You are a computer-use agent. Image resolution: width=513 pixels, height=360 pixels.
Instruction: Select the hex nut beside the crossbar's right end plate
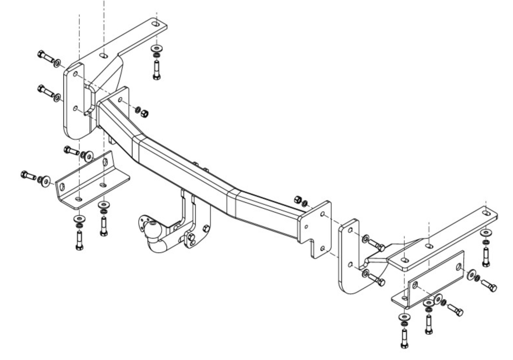pos(298,199)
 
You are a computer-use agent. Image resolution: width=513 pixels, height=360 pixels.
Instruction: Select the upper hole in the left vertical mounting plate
pos(75,74)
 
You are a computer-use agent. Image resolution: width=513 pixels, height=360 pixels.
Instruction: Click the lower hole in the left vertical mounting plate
pos(75,108)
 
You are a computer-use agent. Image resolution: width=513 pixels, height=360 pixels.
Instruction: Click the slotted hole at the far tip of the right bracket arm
pos(486,214)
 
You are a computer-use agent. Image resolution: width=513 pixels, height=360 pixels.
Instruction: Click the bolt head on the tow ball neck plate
pos(206,228)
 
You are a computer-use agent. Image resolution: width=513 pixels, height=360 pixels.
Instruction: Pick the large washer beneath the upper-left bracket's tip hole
pos(156,49)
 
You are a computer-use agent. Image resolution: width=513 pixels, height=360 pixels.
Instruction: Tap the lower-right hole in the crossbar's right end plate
pos(322,248)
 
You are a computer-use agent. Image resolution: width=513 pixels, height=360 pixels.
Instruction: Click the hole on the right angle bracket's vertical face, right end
pos(459,266)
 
